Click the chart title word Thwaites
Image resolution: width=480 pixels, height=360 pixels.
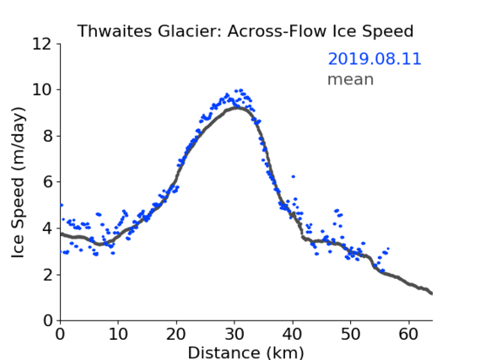[115, 31]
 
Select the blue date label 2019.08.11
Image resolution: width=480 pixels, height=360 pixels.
[375, 59]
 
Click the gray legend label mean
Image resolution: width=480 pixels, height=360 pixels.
[351, 79]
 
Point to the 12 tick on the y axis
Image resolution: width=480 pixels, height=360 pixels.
[41, 44]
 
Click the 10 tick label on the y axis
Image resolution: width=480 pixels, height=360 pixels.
[41, 90]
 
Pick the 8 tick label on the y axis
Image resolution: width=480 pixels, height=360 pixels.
[47, 136]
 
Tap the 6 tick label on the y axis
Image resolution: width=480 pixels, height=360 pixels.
[47, 182]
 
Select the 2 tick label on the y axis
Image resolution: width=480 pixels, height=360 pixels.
[47, 275]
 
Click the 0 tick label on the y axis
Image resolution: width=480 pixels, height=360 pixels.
[47, 320]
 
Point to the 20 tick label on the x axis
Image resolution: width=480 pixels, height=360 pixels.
[176, 334]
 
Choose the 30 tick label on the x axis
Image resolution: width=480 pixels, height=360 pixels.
[235, 334]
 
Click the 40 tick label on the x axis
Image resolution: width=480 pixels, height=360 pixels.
[293, 334]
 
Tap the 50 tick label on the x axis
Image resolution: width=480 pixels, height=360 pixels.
[351, 334]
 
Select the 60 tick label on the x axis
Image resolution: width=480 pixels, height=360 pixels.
[408, 334]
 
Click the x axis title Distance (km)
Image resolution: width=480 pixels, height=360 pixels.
[245, 352]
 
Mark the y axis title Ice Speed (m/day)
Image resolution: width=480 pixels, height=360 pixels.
[18, 183]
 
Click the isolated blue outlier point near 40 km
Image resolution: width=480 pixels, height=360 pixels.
[294, 176]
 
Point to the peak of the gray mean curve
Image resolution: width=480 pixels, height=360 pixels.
[236, 108]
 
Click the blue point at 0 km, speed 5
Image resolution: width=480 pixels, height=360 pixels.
[62, 205]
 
